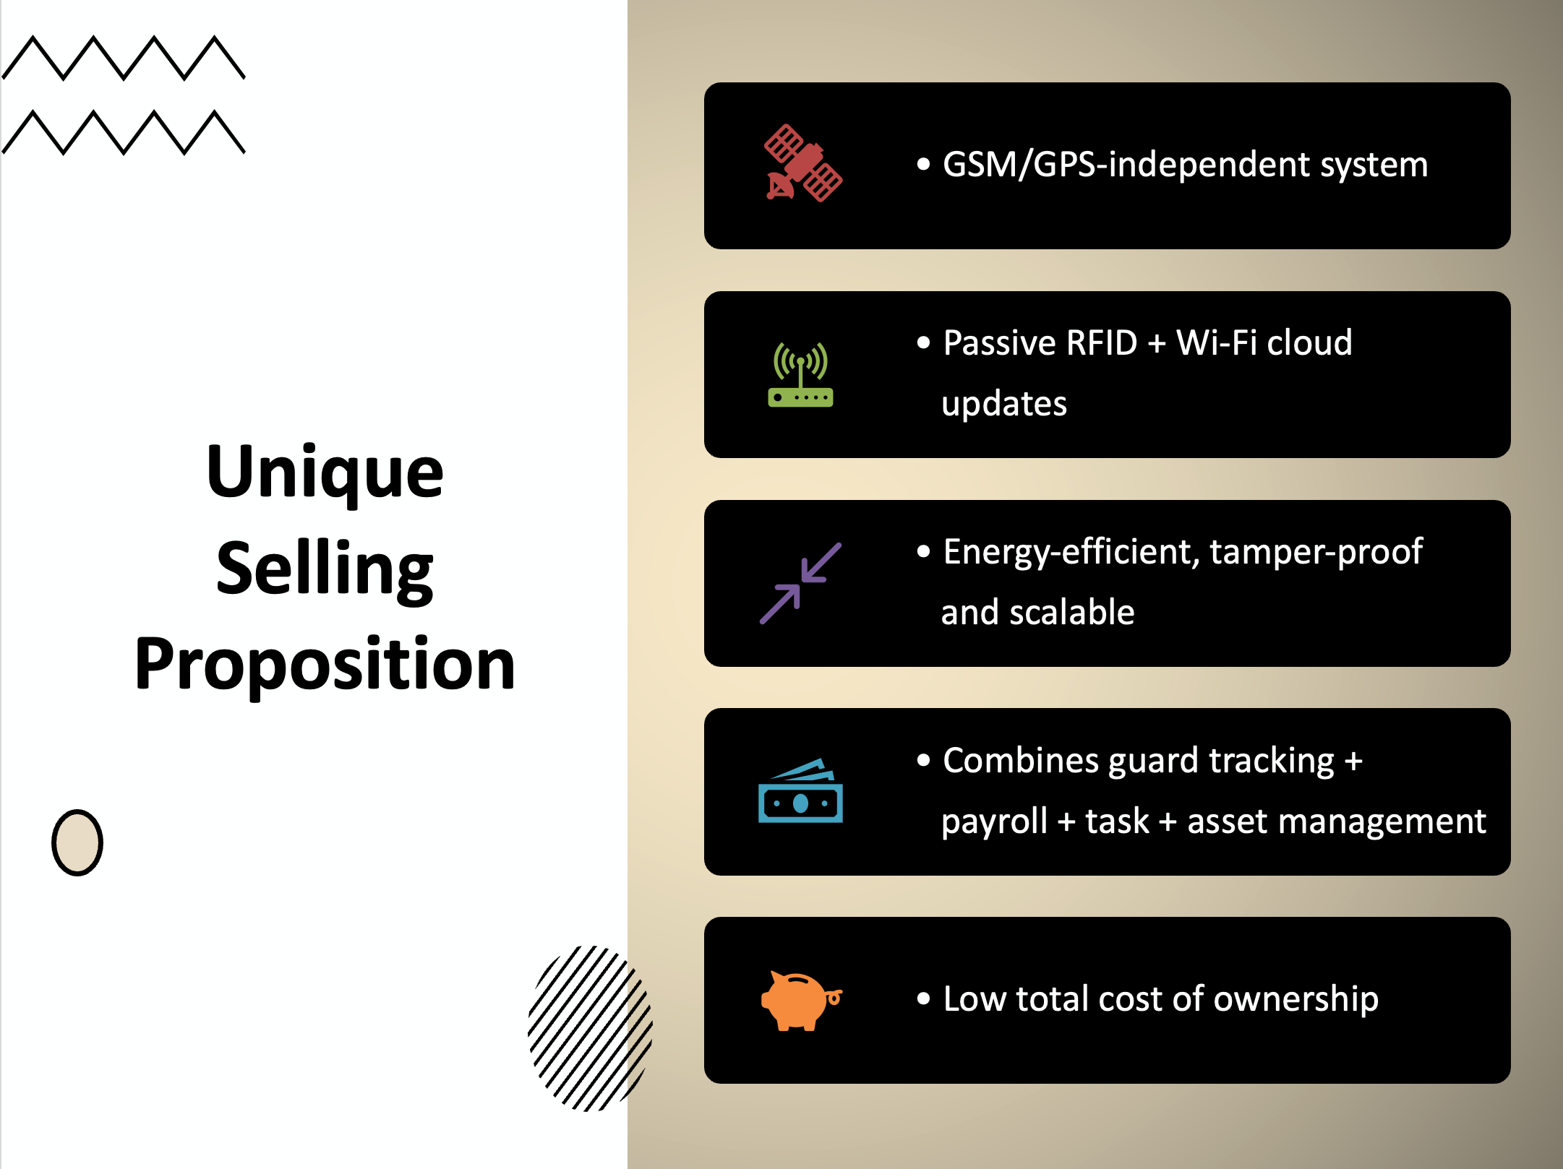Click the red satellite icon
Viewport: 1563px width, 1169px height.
803,163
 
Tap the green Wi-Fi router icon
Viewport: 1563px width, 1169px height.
800,374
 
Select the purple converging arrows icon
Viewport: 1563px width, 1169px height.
800,583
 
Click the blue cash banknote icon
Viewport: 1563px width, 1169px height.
800,790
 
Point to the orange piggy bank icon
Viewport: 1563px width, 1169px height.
801,1000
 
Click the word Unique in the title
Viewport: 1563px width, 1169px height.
325,473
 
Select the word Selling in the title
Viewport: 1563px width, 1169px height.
325,570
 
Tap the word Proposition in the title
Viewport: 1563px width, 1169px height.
325,665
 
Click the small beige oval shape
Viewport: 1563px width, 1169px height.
77,842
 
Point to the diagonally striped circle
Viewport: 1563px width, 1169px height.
590,1028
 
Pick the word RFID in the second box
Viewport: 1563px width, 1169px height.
1102,342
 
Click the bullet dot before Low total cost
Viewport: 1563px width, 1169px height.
923,999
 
